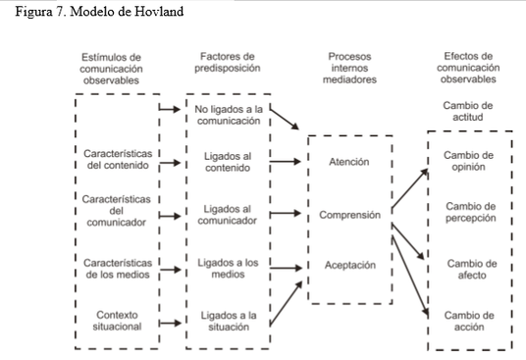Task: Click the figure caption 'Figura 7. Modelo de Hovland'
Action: click(87, 11)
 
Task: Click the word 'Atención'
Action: click(349, 162)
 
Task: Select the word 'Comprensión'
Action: click(349, 214)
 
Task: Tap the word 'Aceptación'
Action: click(349, 266)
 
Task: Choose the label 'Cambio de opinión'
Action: click(470, 161)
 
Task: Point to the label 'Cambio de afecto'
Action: click(470, 269)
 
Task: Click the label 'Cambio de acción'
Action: click(470, 321)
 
